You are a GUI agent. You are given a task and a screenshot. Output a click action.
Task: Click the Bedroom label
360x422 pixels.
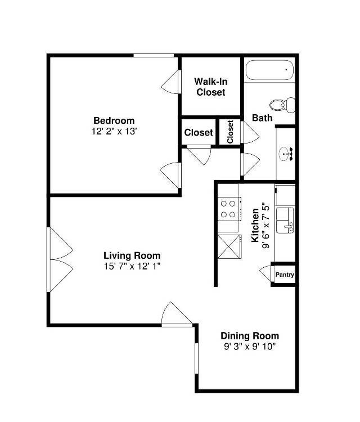pyautogui.click(x=114, y=120)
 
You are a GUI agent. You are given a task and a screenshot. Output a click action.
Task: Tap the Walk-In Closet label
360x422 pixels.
pyautogui.click(x=211, y=87)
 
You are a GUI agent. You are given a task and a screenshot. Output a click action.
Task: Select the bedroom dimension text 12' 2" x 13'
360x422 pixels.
pyautogui.click(x=114, y=131)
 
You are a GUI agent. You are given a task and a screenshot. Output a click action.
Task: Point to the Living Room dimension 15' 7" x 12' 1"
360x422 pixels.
pyautogui.click(x=132, y=266)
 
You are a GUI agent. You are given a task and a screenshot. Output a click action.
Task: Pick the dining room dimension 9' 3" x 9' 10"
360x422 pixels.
pyautogui.click(x=250, y=346)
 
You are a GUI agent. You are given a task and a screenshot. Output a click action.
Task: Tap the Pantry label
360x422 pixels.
pyautogui.click(x=284, y=275)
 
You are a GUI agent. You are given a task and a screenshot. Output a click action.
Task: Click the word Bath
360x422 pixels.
pyautogui.click(x=262, y=118)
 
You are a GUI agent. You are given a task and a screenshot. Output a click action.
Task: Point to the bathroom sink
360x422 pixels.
pyautogui.click(x=286, y=151)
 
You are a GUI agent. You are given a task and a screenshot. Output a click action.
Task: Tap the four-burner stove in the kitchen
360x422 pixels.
pyautogui.click(x=228, y=209)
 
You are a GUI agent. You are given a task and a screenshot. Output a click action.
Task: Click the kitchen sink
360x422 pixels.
pyautogui.click(x=285, y=219)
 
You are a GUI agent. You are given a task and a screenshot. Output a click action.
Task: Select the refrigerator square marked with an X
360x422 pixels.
pyautogui.click(x=228, y=245)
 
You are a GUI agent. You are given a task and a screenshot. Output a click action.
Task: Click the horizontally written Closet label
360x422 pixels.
pyautogui.click(x=199, y=133)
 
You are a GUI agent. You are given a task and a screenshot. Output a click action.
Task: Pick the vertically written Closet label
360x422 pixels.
pyautogui.click(x=230, y=132)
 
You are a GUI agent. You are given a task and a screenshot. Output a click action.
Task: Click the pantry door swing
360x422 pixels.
pyautogui.click(x=265, y=275)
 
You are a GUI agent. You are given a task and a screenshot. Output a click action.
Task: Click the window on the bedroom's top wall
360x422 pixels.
pyautogui.click(x=153, y=55)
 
